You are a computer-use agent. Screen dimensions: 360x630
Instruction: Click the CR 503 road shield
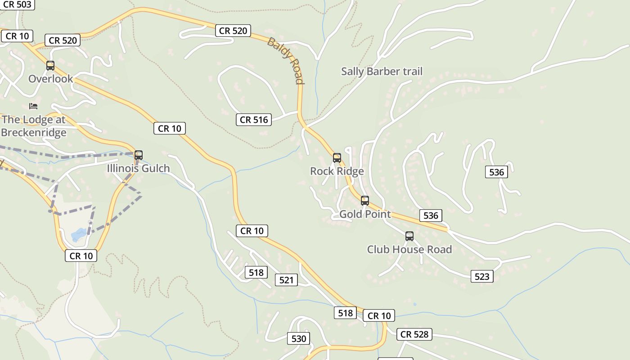17,4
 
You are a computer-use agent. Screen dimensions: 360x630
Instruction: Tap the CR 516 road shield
254,120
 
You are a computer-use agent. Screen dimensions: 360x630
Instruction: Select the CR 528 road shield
414,334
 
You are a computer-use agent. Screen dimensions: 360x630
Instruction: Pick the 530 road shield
299,339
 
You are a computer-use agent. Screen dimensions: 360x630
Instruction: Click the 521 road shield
286,280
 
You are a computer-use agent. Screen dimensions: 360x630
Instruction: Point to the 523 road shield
482,276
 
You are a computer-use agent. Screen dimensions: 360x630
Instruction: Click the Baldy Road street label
286,61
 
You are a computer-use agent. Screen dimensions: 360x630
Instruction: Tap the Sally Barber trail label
382,72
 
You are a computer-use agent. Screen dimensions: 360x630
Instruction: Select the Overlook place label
50,79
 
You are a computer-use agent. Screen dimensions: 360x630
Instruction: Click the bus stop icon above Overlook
50,66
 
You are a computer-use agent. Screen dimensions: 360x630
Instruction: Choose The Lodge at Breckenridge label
34,126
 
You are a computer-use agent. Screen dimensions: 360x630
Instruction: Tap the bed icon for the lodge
33,106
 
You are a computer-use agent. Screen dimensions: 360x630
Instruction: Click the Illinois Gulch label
138,168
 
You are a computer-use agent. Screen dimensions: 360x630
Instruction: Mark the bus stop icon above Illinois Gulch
139,155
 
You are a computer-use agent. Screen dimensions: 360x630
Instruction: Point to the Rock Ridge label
337,171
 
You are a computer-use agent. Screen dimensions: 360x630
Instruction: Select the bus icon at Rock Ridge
337,158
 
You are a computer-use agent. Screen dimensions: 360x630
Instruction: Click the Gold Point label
365,214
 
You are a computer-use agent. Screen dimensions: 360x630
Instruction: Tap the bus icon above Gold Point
365,201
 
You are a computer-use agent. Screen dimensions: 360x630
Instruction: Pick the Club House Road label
409,249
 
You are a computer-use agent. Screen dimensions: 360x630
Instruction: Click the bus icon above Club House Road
409,236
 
